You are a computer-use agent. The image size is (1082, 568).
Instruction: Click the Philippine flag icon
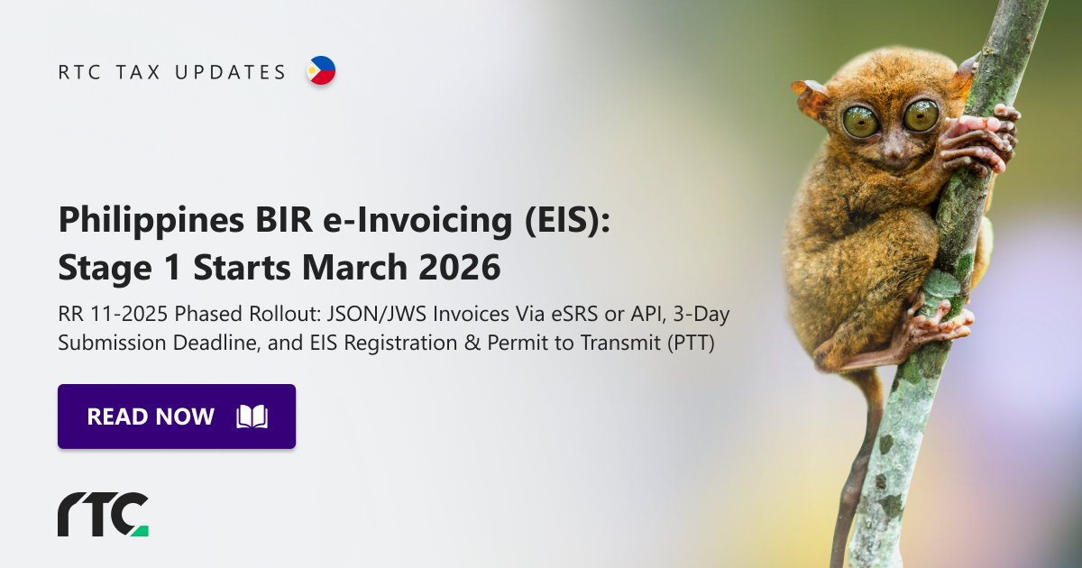click(321, 70)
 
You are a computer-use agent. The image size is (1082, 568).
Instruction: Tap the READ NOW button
click(177, 417)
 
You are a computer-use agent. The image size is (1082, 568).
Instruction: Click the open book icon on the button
click(252, 417)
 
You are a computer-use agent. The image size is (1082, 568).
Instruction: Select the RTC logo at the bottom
click(103, 515)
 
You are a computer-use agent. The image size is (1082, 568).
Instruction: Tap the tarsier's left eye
click(860, 121)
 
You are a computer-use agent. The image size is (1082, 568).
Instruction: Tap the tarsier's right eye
click(921, 115)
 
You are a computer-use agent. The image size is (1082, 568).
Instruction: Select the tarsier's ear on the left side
click(811, 96)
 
